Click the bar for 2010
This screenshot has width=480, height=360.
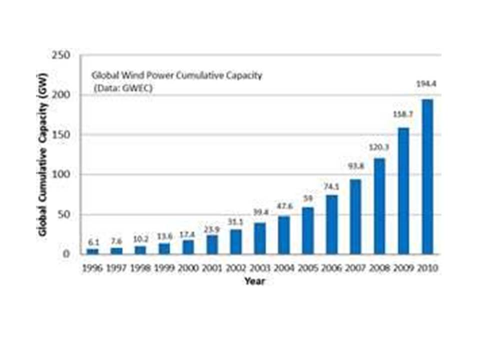click(427, 176)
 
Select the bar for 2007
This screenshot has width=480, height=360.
click(355, 216)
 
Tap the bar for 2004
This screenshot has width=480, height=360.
click(283, 235)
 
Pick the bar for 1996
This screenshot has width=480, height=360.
click(92, 251)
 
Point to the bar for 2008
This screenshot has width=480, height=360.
click(379, 206)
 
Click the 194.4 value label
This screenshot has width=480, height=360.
click(427, 84)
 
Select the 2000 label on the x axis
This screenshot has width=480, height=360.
click(188, 268)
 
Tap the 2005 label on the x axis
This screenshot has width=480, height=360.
click(307, 268)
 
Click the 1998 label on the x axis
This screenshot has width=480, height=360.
click(140, 268)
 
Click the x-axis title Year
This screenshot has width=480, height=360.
click(254, 281)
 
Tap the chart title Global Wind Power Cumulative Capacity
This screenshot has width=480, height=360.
click(176, 76)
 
